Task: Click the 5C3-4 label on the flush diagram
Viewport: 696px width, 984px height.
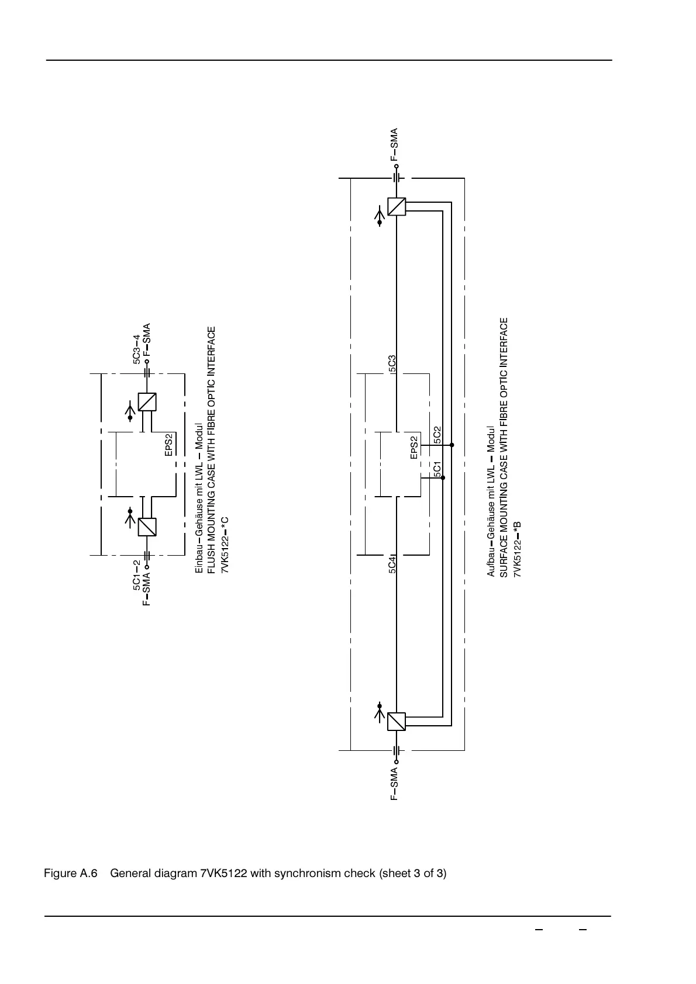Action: (x=136, y=349)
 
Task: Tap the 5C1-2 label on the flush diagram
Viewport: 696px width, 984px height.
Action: (x=136, y=575)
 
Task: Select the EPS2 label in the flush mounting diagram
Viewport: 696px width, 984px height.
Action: (x=168, y=445)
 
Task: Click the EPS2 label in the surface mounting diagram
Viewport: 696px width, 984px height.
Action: (x=414, y=447)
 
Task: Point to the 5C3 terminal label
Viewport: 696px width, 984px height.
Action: (x=392, y=363)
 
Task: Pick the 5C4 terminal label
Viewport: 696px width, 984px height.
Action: (x=392, y=564)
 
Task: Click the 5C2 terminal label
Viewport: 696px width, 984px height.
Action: (x=437, y=435)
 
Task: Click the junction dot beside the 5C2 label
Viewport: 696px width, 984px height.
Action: (x=452, y=445)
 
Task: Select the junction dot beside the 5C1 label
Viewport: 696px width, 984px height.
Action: (x=443, y=478)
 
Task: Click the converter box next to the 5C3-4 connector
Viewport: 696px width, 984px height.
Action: (x=147, y=401)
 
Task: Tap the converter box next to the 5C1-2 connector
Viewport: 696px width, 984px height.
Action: (x=147, y=527)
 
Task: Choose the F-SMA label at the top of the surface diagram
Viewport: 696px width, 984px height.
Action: (x=394, y=144)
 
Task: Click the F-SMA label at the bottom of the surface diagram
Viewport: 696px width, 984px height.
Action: (x=394, y=784)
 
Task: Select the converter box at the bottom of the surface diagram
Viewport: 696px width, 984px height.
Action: (x=397, y=722)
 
